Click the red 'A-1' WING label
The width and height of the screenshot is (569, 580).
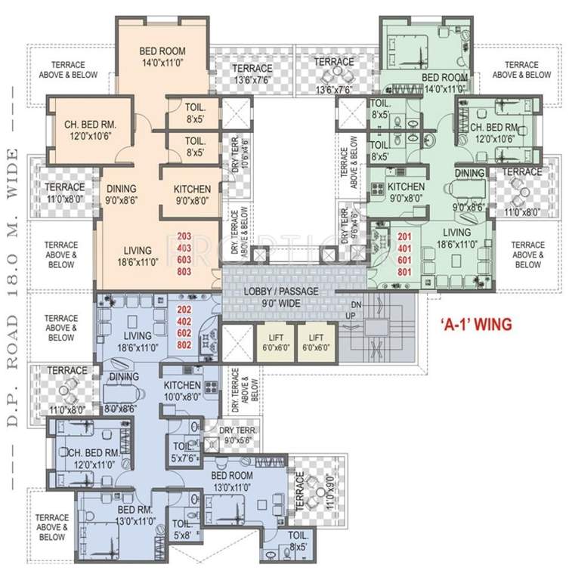pos(475,324)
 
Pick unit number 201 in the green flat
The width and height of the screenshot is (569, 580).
pos(406,236)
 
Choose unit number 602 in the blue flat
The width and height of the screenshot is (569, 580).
pos(184,332)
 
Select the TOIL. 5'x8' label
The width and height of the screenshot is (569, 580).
pos(182,528)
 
